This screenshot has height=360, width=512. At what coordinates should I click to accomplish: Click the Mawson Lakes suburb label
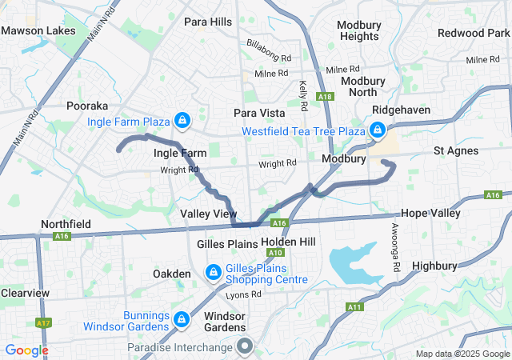pyautogui.click(x=38, y=31)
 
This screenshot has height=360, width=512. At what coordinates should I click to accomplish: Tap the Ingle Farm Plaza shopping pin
pyautogui.click(x=183, y=121)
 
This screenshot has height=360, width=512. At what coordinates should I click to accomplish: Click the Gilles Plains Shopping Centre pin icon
pyautogui.click(x=213, y=273)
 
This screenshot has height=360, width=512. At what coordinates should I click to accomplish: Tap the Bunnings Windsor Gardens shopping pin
pyautogui.click(x=182, y=319)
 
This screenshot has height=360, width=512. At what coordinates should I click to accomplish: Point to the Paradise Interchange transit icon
pyautogui.click(x=244, y=346)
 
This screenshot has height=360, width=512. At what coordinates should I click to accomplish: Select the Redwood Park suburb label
pyautogui.click(x=473, y=33)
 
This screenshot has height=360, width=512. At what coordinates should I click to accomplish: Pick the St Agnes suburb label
pyautogui.click(x=456, y=150)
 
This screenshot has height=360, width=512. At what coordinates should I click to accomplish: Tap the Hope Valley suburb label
pyautogui.click(x=430, y=214)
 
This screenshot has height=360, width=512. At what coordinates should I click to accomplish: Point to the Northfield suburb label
pyautogui.click(x=66, y=224)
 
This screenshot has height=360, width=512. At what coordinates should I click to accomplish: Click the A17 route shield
pyautogui.click(x=43, y=322)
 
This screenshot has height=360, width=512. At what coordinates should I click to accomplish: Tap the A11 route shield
pyautogui.click(x=354, y=306)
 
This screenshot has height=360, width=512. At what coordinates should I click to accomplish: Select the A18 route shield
pyautogui.click(x=324, y=97)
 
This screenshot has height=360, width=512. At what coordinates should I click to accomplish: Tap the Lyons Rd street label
pyautogui.click(x=244, y=294)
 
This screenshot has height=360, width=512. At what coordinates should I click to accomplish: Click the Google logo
pyautogui.click(x=26, y=350)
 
